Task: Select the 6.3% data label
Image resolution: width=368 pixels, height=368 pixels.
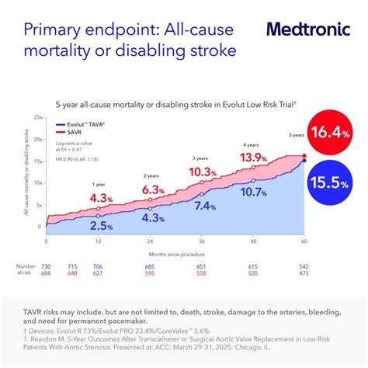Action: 154,189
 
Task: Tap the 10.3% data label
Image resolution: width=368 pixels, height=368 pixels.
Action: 202,172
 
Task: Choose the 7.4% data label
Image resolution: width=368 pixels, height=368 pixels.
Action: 204,206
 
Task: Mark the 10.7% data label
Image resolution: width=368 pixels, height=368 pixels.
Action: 254,192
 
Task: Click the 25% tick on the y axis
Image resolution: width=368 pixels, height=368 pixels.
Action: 37,118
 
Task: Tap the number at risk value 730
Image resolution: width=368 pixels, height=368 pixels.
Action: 46,266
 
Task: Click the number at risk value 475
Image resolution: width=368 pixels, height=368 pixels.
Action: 304,273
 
